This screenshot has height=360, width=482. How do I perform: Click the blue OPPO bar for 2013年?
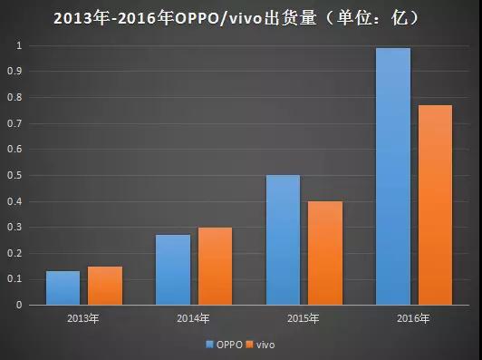tap(63, 287)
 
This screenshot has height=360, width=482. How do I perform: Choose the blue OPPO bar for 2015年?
tap(283, 239)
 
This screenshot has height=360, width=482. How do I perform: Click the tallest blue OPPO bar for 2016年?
tap(392, 176)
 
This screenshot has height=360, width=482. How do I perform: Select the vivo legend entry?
tap(263, 345)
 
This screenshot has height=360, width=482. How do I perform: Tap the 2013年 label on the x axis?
tap(83, 319)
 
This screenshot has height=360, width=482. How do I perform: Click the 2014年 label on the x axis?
tap(193, 319)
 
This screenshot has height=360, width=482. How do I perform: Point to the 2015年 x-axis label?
tap(304, 319)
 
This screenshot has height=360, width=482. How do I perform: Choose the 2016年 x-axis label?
tap(413, 319)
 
